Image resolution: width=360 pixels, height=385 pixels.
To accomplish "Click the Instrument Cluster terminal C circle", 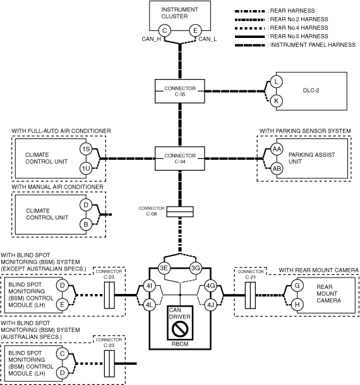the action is click(165, 31).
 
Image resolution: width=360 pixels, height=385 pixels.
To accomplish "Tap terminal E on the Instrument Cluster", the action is click(195, 31).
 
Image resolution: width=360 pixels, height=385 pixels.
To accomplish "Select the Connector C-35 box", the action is click(180, 91).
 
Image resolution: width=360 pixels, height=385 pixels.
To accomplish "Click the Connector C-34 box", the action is click(180, 159).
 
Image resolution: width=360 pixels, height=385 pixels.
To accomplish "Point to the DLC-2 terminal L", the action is click(277, 82).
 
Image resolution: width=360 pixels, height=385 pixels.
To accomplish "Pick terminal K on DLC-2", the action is click(277, 101).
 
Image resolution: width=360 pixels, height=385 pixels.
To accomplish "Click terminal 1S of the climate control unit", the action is click(86, 149).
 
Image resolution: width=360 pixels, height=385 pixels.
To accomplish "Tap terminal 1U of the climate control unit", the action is click(86, 168).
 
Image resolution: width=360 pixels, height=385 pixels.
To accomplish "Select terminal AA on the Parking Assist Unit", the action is click(277, 149).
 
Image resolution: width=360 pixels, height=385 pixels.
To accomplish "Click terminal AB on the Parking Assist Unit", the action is click(277, 169).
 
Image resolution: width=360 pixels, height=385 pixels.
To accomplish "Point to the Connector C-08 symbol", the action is click(180, 212).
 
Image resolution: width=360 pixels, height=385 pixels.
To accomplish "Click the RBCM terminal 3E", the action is click(164, 268).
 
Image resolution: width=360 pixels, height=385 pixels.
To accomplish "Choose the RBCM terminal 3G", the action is click(196, 268).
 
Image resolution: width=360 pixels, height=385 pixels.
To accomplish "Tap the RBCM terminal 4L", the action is click(149, 305).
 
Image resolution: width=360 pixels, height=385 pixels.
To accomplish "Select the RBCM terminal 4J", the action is click(210, 305).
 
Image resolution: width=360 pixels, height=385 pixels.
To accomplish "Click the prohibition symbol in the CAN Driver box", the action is click(180, 329).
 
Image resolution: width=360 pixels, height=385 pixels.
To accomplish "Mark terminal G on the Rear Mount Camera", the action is click(297, 286).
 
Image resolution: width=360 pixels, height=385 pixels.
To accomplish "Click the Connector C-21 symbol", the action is click(250, 295).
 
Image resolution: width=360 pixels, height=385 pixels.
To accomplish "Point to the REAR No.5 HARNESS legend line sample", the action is click(249, 37).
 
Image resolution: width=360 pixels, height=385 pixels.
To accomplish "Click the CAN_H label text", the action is click(152, 39).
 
